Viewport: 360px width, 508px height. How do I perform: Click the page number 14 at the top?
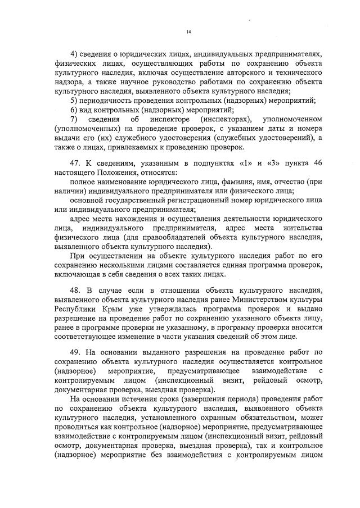pyautogui.click(x=189, y=32)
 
